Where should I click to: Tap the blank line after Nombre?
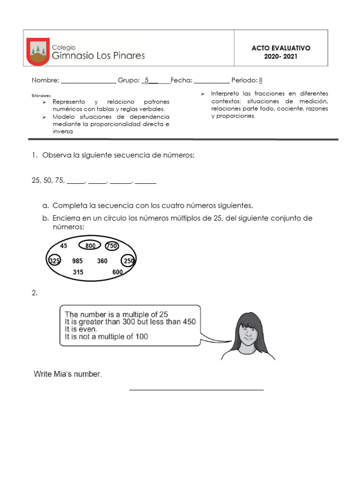click(88, 81)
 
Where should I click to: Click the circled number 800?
click(90, 246)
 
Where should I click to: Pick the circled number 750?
click(112, 246)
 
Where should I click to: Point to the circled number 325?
click(54, 261)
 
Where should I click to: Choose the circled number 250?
click(128, 261)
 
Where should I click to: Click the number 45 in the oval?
click(64, 246)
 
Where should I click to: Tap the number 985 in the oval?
click(78, 261)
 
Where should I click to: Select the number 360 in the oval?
click(102, 261)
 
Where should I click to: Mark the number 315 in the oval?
click(78, 272)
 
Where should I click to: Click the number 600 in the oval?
click(118, 272)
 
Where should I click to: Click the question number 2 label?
click(34, 293)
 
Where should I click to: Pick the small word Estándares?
click(41, 95)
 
